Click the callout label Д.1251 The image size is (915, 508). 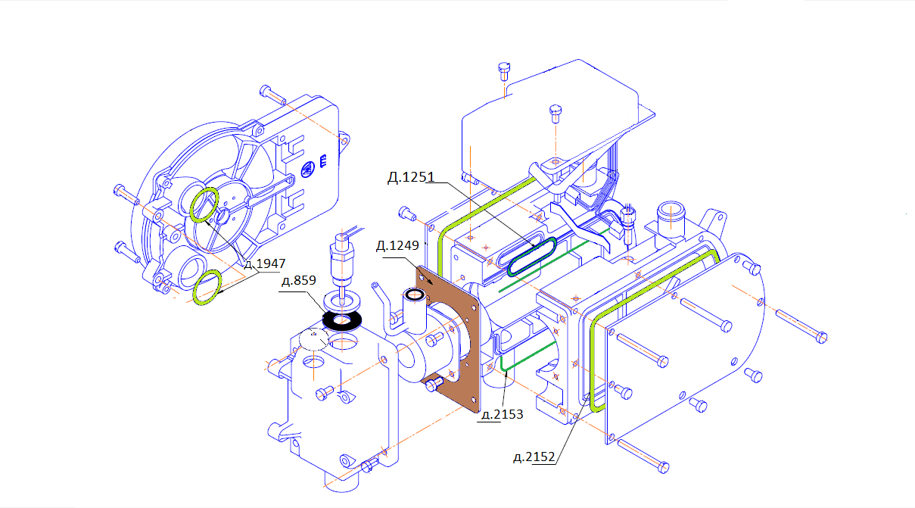tap(411, 177)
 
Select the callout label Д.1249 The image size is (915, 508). tap(397, 245)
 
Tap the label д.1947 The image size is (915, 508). tap(265, 263)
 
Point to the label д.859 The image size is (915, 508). tap(299, 280)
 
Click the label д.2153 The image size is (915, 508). tap(503, 414)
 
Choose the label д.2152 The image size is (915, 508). tap(534, 457)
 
